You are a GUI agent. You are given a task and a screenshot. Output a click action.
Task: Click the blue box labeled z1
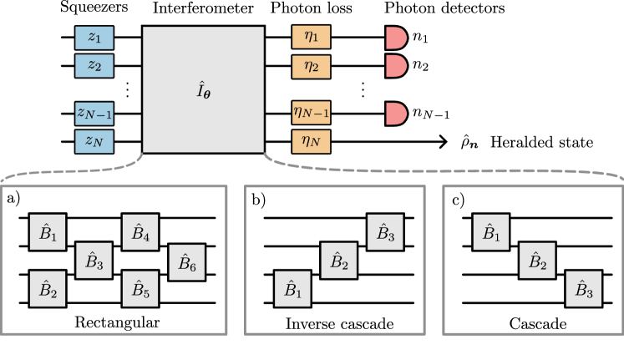click(94, 38)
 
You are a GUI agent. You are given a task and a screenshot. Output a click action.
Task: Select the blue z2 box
click(94, 66)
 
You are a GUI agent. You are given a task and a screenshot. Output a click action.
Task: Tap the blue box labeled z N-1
click(94, 114)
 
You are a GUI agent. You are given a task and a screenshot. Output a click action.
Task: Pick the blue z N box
click(94, 141)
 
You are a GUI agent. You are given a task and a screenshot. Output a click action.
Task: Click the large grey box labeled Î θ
click(203, 89)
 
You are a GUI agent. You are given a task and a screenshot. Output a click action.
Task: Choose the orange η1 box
click(311, 38)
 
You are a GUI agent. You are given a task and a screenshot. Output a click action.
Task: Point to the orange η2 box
click(311, 66)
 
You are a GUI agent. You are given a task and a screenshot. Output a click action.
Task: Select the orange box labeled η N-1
click(311, 114)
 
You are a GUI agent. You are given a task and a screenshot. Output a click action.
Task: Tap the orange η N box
click(311, 141)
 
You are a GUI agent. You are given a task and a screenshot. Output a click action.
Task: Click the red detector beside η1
click(395, 38)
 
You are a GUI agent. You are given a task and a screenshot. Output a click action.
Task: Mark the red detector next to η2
click(395, 66)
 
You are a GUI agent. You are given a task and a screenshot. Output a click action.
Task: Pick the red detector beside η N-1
click(395, 114)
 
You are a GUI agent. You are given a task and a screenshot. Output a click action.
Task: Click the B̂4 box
click(140, 232)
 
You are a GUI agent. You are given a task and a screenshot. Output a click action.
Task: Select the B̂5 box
click(140, 289)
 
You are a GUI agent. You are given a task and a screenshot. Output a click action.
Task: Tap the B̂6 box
click(187, 262)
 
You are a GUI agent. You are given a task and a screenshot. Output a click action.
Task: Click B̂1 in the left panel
click(48, 232)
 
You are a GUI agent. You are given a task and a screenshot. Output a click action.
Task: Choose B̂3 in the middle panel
click(385, 232)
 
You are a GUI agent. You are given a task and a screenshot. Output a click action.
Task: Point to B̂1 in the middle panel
click(292, 289)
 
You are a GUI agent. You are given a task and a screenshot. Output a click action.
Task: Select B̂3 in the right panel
click(584, 289)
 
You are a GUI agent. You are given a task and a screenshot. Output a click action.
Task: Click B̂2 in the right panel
click(537, 261)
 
